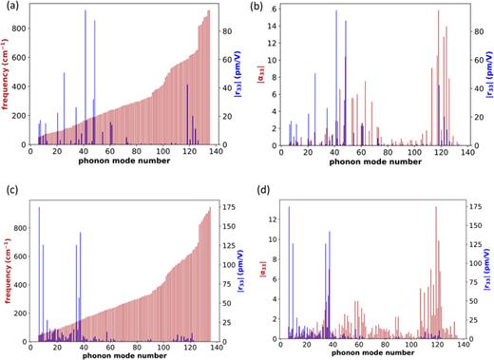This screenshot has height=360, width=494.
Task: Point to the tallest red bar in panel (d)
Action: [436, 266]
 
